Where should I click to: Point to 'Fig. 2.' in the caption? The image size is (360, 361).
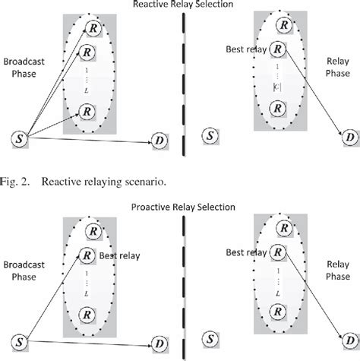[x=17, y=181]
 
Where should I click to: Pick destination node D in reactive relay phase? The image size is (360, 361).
[x=349, y=136]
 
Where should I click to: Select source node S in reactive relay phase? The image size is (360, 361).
[x=208, y=136]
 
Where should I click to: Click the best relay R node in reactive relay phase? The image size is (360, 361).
[x=279, y=50]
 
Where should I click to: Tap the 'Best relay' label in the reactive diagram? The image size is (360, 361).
[x=245, y=50]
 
